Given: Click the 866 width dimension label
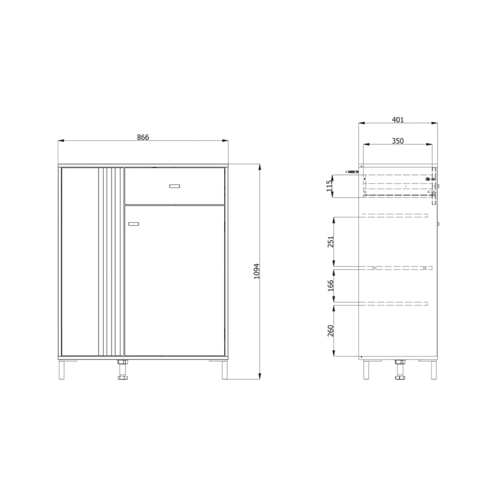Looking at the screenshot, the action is coord(143,137).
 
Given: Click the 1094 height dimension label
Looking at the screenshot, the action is coord(257,271).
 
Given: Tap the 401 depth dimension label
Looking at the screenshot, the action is coord(398,120).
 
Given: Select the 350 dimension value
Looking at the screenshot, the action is coord(398,141).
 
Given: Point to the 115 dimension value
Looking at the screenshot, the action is coord(330,186).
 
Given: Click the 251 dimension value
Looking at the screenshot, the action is coord(331,242).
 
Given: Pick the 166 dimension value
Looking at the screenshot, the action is coord(331,285).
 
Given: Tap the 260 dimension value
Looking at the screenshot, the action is coord(331,331).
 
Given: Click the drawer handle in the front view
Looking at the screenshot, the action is coord(175,186).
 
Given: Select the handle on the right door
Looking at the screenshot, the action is coord(134,224).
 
